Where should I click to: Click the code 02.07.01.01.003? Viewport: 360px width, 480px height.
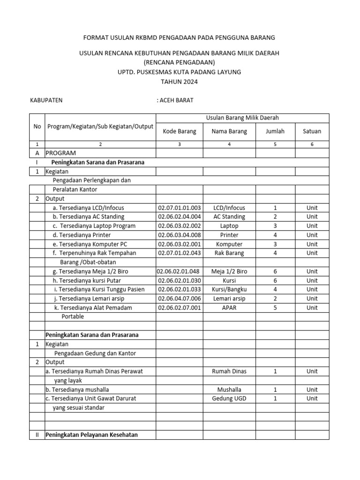tap(180, 208)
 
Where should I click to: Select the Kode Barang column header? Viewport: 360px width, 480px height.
tap(180, 131)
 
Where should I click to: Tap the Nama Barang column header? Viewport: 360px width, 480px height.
tap(229, 131)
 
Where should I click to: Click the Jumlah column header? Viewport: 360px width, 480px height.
tap(275, 131)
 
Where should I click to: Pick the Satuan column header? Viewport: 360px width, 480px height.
tap(312, 131)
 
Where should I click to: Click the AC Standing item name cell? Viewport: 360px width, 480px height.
tap(229, 217)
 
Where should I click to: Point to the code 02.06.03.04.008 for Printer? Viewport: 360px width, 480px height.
tap(180, 235)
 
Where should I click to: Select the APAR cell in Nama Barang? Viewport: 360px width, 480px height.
tap(229, 307)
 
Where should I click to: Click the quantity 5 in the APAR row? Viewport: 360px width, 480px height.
tap(275, 307)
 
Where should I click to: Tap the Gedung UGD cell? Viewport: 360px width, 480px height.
tap(229, 398)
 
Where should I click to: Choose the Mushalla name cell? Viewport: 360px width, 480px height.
tap(229, 390)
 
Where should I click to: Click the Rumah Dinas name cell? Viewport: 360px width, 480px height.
tap(229, 371)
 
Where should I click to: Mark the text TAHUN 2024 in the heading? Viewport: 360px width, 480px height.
tap(180, 82)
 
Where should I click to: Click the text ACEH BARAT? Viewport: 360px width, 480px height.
tap(175, 100)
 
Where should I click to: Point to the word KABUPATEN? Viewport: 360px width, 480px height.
tap(46, 100)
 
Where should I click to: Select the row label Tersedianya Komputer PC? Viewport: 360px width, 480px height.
tap(90, 244)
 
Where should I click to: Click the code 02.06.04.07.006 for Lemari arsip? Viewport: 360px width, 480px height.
tap(180, 299)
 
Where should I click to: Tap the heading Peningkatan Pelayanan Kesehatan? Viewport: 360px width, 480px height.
tap(91, 435)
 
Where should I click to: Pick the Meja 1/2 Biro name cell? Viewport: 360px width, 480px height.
tap(229, 271)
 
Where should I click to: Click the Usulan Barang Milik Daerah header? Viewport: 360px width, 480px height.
tap(242, 118)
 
